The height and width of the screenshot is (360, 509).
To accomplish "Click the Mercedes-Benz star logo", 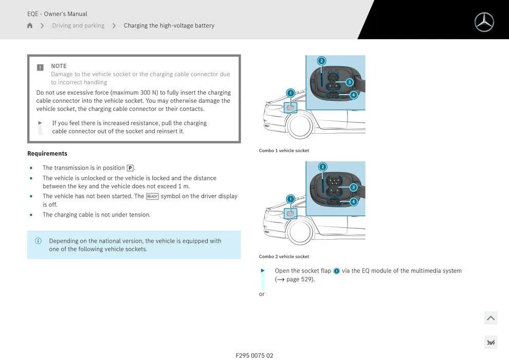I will (x=484, y=22).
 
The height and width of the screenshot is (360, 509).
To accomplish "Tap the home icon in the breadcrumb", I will (x=30, y=26).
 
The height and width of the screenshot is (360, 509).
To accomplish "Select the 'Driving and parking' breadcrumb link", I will (x=78, y=26).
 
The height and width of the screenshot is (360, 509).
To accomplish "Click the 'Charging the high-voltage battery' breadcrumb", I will (x=169, y=26).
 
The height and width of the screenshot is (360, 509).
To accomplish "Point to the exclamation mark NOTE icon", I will (x=40, y=67).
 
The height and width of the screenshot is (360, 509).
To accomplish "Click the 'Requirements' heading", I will (x=47, y=153).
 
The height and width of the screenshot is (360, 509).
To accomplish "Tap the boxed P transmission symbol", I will (x=130, y=168).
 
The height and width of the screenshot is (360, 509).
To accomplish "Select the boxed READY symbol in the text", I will (x=152, y=196).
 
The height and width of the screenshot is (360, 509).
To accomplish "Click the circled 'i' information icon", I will (x=38, y=241).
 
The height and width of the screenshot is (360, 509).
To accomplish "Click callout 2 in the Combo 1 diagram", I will (x=321, y=61).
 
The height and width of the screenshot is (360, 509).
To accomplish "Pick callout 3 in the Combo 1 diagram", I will (x=350, y=82).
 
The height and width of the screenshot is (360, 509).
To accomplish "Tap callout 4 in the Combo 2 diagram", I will (x=353, y=202).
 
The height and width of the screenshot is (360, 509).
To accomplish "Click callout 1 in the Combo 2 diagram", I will (x=290, y=199).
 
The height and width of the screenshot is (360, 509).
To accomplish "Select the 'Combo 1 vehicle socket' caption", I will (x=284, y=151).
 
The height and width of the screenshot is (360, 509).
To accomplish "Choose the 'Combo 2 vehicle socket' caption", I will (x=284, y=257).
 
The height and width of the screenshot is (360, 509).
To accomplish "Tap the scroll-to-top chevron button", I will (x=490, y=318).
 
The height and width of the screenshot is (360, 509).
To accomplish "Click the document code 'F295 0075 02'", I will (x=254, y=355).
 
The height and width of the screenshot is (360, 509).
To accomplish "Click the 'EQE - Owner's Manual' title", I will (x=57, y=14).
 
